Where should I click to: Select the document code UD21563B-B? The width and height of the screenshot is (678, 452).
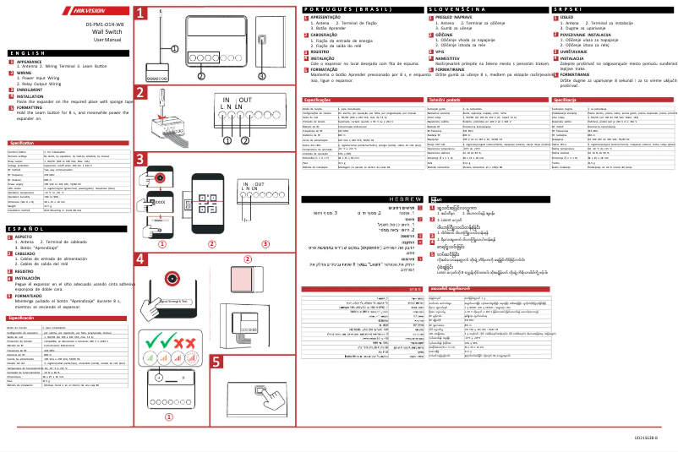click(646, 438)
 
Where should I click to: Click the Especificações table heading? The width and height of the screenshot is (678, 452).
click(317, 123)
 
